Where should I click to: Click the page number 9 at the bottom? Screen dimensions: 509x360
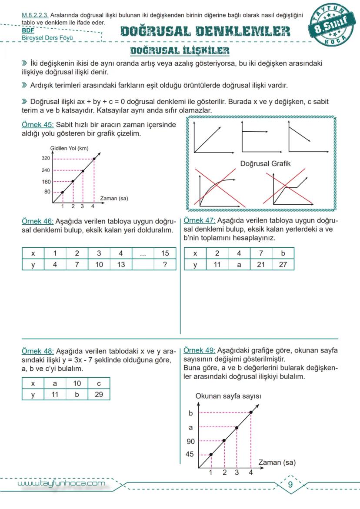click(290, 485)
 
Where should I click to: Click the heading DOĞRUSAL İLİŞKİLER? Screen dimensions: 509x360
click(180, 51)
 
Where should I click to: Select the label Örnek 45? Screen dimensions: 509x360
click(37, 125)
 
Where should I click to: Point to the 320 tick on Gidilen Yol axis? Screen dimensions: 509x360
click(46, 158)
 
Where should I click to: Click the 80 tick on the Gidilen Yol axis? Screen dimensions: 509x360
click(47, 192)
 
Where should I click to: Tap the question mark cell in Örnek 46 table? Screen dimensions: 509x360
click(165, 264)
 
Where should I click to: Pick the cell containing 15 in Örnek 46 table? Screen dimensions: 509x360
click(165, 253)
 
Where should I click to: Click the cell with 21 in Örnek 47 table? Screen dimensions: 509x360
click(261, 264)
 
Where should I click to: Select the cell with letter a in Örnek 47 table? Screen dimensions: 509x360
click(239, 264)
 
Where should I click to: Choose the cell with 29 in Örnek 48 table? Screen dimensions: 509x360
click(99, 394)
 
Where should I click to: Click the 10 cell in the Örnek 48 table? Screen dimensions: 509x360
click(77, 383)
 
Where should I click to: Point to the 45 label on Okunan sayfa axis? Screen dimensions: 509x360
click(190, 455)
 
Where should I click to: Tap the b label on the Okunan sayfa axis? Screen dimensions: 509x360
click(190, 413)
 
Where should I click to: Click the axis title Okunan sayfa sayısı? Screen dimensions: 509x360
click(228, 396)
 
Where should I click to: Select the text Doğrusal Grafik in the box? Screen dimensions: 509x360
click(265, 164)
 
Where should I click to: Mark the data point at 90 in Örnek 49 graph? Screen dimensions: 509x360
click(224, 440)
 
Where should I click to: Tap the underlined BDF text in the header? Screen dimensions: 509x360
click(28, 31)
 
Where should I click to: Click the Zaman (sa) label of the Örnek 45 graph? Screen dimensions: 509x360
click(114, 198)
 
